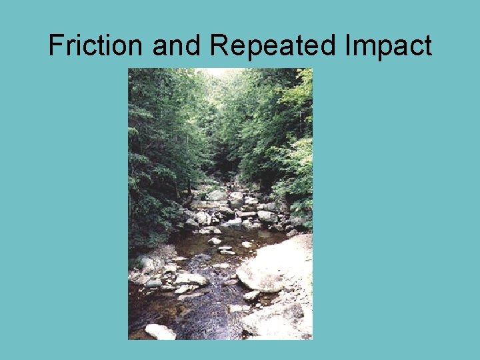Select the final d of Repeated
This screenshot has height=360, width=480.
(x=329, y=46)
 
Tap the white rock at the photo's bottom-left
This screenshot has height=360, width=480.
(x=160, y=331)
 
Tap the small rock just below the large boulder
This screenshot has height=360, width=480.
(x=251, y=295)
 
